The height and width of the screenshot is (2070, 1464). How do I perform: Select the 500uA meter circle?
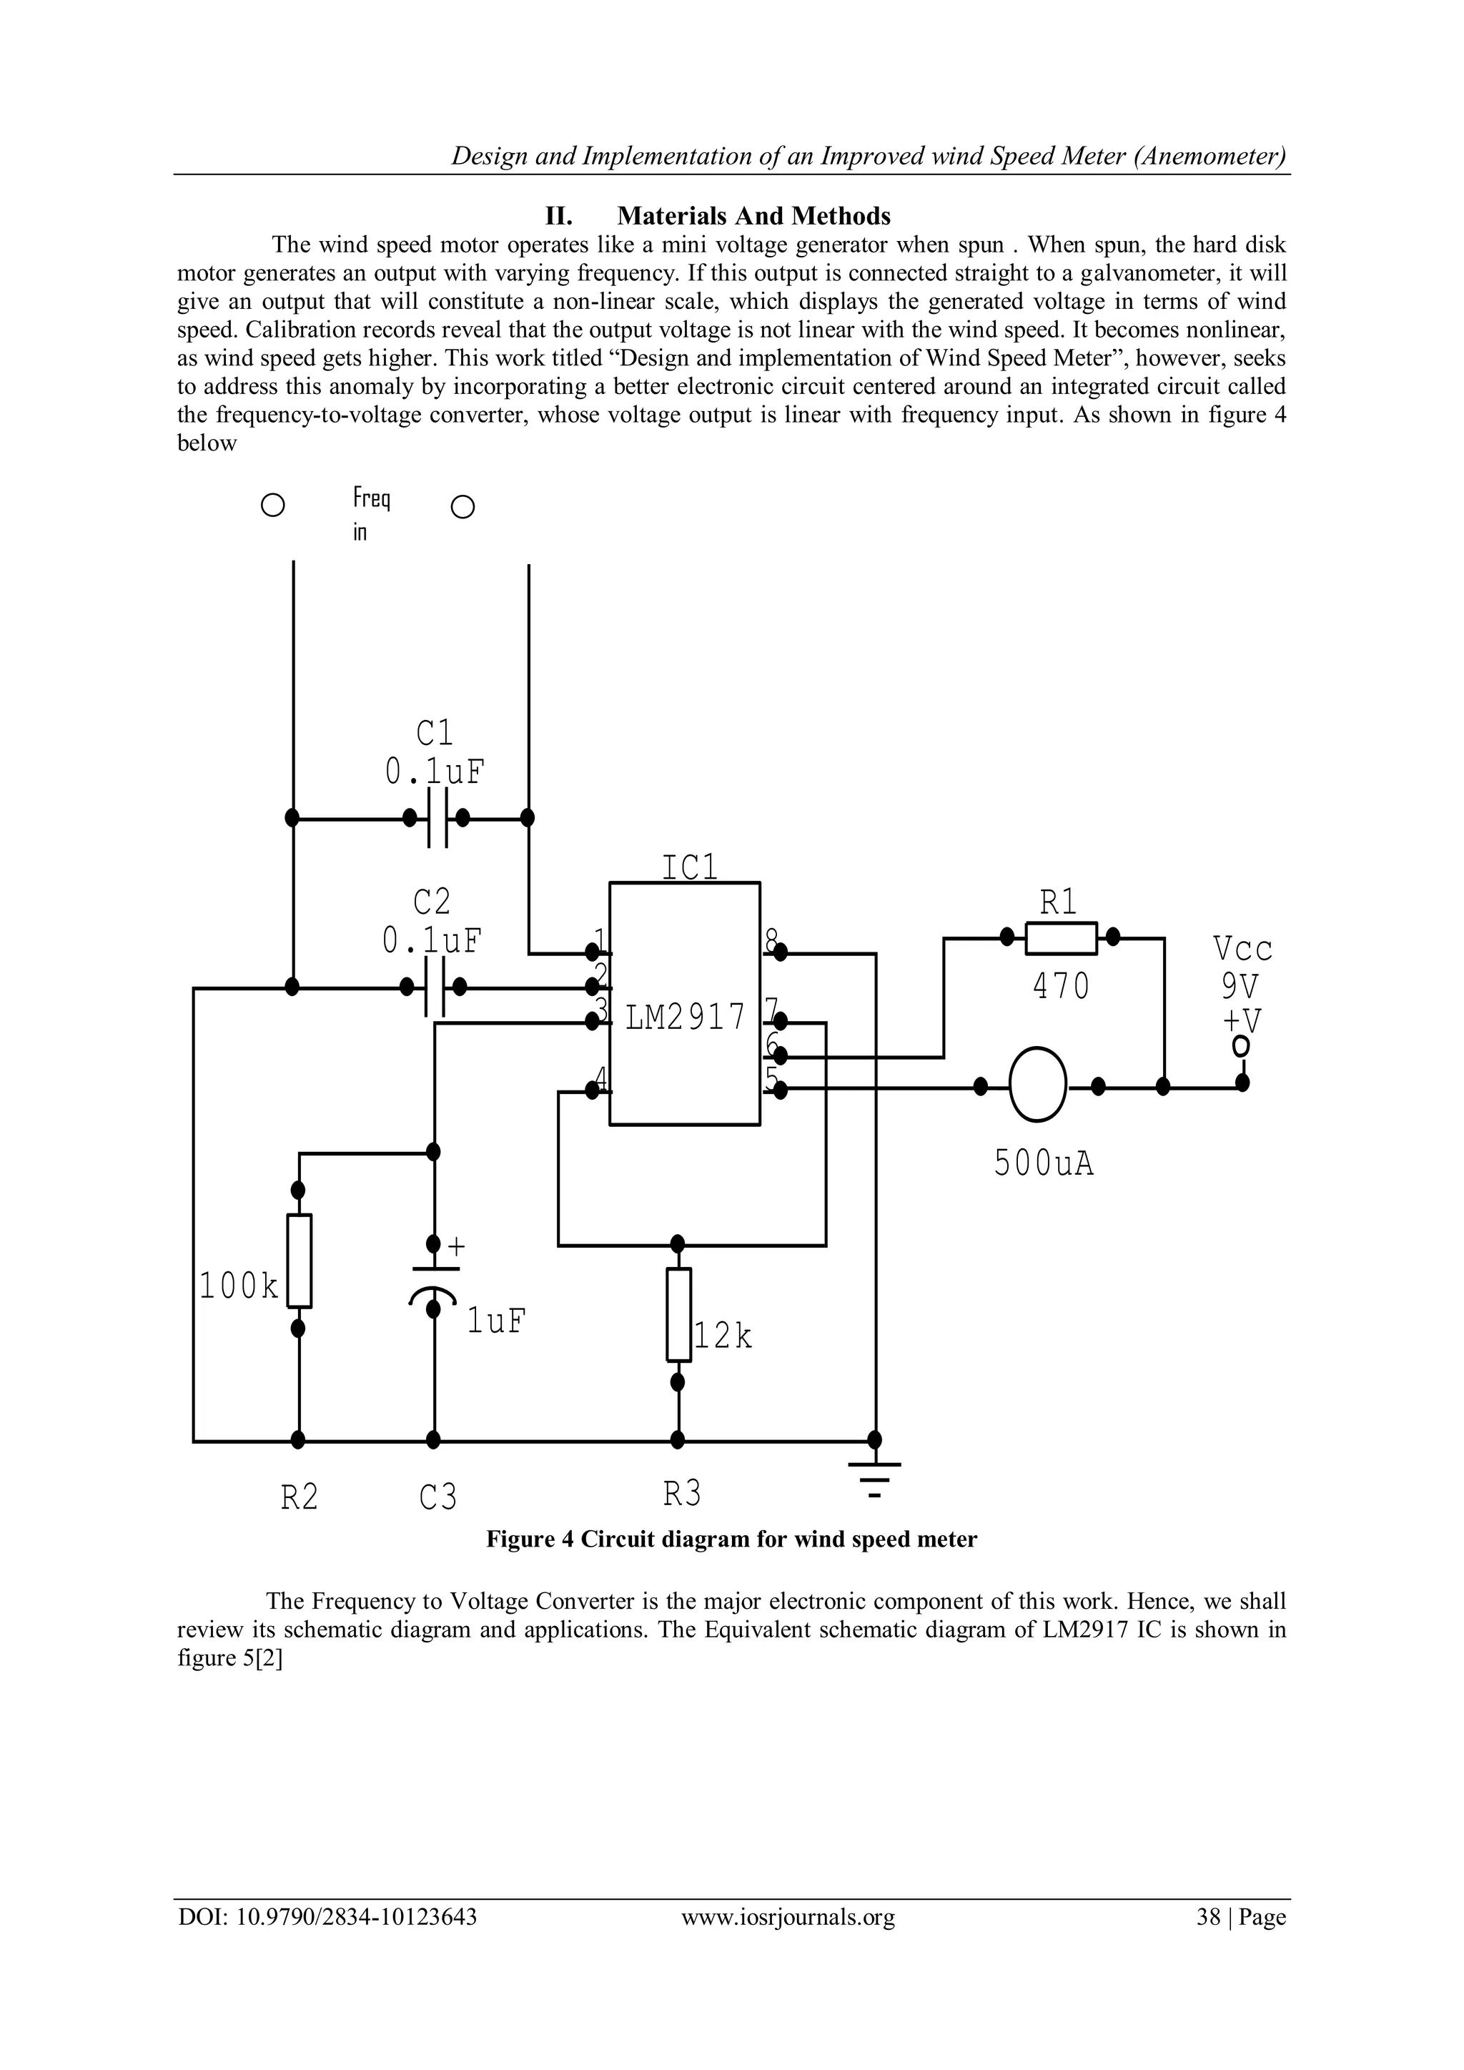tap(1038, 1085)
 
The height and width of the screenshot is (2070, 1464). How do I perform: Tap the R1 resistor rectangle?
tap(1060, 937)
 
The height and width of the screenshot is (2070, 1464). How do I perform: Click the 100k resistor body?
tap(300, 1261)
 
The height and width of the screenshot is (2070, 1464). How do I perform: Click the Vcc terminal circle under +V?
tap(1242, 1047)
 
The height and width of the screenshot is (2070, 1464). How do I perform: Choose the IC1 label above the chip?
tap(690, 867)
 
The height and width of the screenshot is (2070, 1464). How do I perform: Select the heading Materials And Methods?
tap(753, 217)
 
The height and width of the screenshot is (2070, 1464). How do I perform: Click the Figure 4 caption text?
tap(731, 1539)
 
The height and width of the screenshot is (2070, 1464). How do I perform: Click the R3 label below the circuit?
tap(681, 1495)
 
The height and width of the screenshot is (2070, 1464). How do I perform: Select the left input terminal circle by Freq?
tap(273, 505)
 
